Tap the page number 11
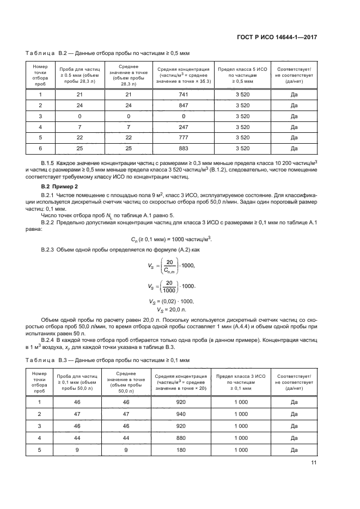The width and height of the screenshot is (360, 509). click(x=314, y=463)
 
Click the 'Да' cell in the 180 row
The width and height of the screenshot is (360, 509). click(x=294, y=450)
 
